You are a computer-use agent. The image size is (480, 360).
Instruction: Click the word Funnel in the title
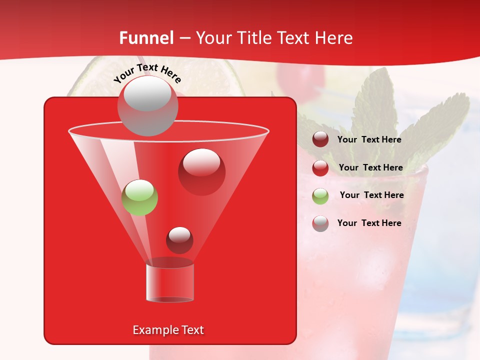click(x=146, y=38)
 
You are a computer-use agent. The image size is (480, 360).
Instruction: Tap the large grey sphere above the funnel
click(x=147, y=105)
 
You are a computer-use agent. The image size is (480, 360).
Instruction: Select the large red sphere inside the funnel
click(x=201, y=171)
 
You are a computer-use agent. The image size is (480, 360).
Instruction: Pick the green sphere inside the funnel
click(x=139, y=197)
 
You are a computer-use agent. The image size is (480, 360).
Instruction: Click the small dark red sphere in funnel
click(x=179, y=240)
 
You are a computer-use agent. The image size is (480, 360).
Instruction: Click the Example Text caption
click(x=168, y=330)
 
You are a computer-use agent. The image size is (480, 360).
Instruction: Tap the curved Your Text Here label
click(x=147, y=73)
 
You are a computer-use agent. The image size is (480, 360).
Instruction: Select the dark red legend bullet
click(x=320, y=139)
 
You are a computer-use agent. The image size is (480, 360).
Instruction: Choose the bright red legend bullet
click(x=320, y=167)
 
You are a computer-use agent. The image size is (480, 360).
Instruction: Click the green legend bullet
click(x=320, y=195)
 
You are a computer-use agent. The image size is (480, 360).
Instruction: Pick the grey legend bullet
click(x=320, y=223)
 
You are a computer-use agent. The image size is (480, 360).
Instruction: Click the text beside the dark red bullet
click(x=369, y=139)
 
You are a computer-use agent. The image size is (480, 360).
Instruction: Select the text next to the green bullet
click(x=371, y=195)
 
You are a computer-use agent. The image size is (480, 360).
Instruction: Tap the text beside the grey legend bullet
click(x=369, y=223)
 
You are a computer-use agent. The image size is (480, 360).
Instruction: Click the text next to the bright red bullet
click(x=370, y=167)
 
